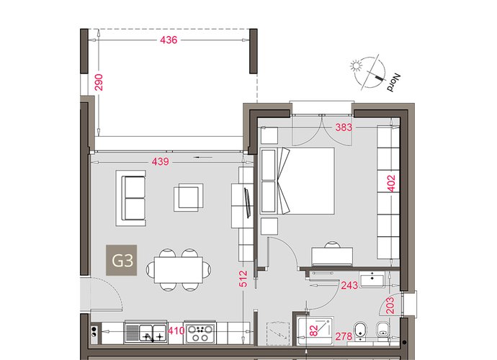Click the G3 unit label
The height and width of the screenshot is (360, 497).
(122, 260)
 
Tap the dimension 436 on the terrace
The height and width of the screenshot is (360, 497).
(169, 40)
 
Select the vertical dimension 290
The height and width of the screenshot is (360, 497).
(99, 82)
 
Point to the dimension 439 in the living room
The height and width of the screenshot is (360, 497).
(160, 161)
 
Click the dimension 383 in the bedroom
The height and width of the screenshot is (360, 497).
(344, 127)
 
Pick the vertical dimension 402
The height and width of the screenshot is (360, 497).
(392, 184)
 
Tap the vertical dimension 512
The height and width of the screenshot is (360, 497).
(243, 279)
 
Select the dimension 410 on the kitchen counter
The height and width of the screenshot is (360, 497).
(176, 331)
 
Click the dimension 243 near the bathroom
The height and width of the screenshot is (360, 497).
(349, 286)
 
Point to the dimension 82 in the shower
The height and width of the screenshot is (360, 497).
(313, 331)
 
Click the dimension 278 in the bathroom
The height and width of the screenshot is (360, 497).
(344, 336)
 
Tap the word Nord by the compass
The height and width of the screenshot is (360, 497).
(394, 83)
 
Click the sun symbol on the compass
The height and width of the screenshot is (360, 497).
(357, 66)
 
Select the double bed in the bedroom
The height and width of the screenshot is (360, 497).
(297, 181)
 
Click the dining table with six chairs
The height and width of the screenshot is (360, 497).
(179, 270)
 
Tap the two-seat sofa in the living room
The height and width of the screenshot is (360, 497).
(131, 198)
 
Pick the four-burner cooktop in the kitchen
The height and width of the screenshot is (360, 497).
(200, 333)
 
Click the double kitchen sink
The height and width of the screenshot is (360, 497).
(146, 333)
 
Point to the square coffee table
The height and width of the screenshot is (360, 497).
(188, 198)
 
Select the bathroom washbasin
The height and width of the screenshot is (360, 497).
(372, 280)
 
